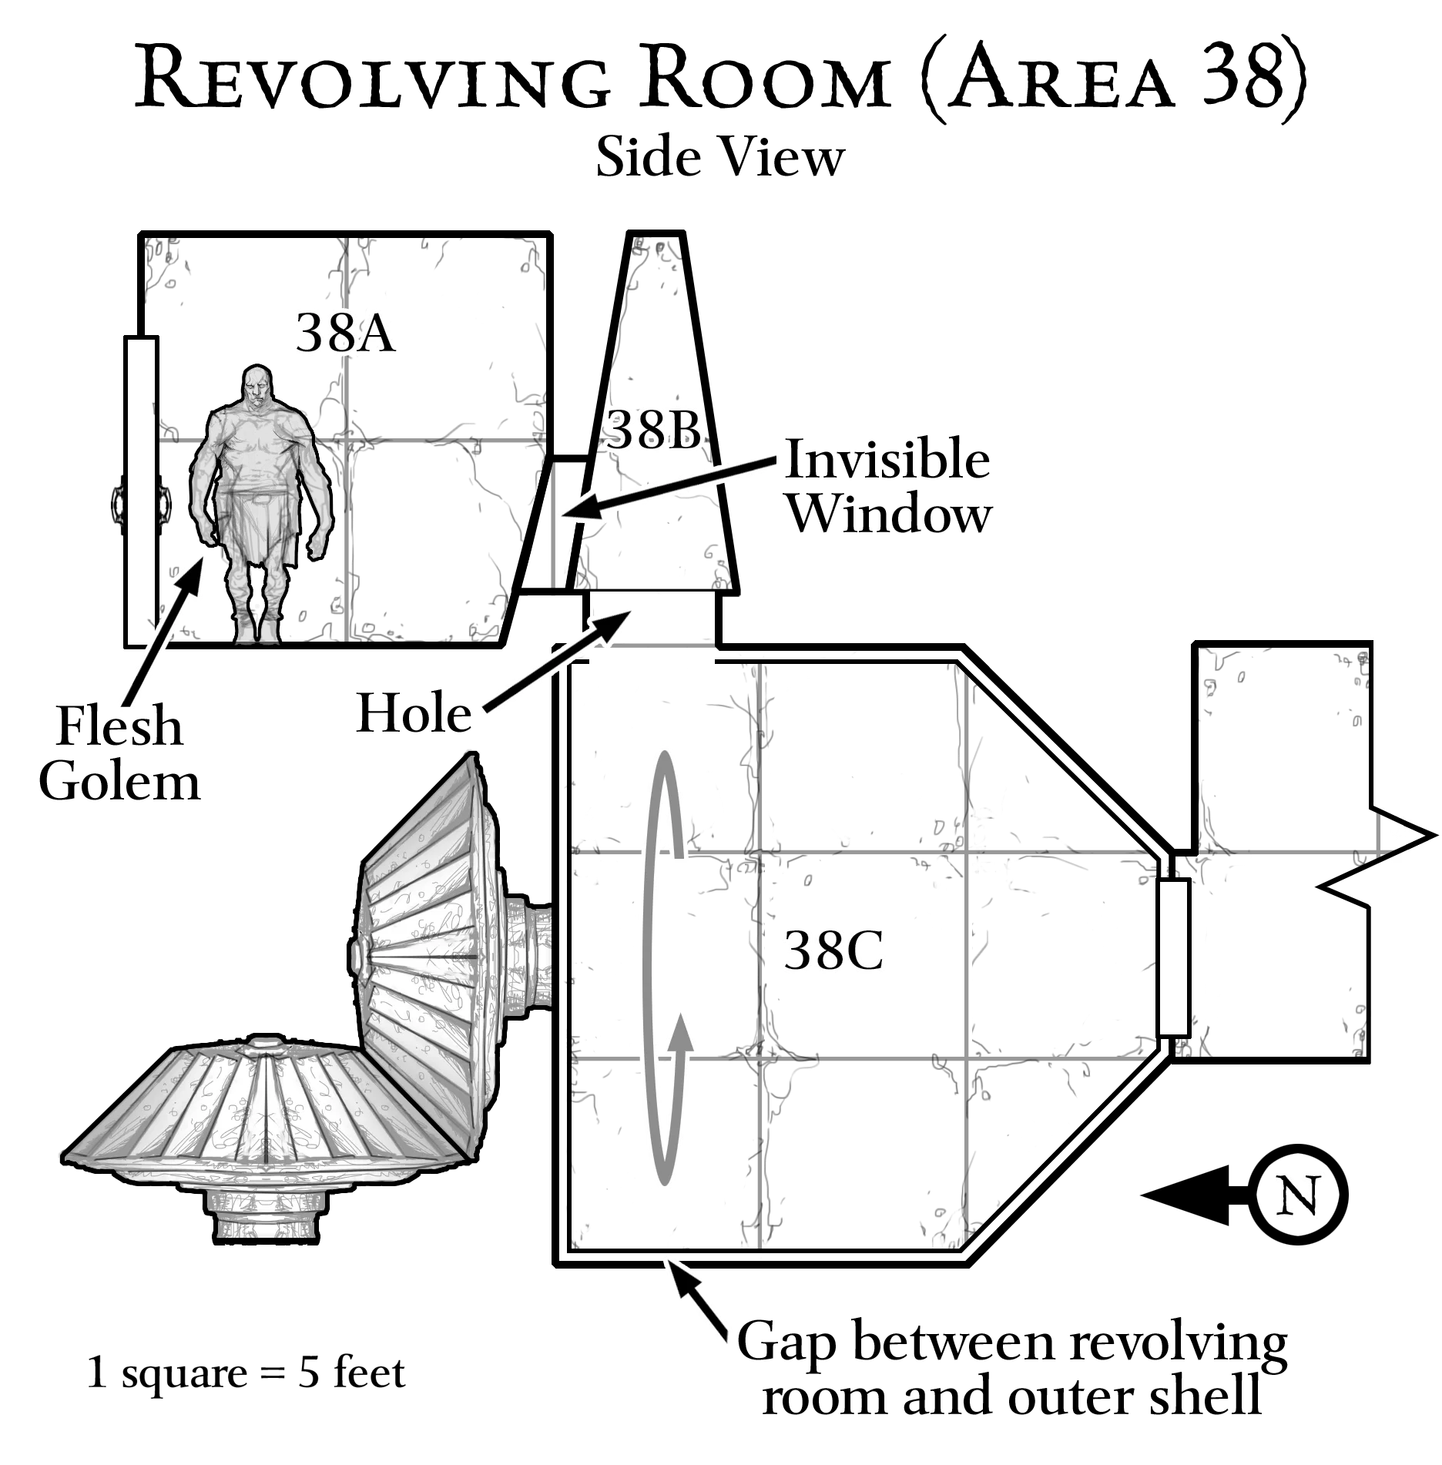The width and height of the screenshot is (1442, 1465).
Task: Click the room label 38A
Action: [346, 334]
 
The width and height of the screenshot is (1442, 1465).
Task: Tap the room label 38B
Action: [654, 430]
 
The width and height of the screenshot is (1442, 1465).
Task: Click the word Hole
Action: [414, 713]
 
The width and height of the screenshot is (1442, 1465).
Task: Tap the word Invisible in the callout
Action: [887, 461]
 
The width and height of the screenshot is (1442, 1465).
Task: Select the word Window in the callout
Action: [890, 514]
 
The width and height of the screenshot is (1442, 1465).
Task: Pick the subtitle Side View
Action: [720, 157]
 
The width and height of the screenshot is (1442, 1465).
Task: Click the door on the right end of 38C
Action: [1174, 957]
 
